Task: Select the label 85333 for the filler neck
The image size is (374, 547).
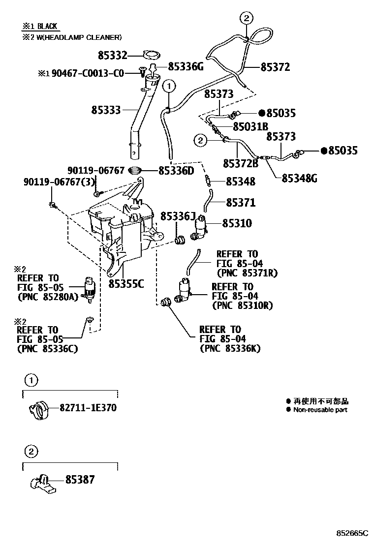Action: (x=105, y=110)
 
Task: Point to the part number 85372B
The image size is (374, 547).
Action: (x=241, y=163)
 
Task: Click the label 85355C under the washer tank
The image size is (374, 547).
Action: (x=126, y=284)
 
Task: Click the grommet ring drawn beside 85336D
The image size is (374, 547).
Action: (x=135, y=171)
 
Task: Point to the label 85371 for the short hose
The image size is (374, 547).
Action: (x=241, y=202)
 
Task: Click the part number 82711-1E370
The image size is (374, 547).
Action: (x=88, y=408)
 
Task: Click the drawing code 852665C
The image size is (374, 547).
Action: (x=352, y=533)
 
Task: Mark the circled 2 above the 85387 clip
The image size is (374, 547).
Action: (x=31, y=451)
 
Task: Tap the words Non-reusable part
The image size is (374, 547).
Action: (x=320, y=410)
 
